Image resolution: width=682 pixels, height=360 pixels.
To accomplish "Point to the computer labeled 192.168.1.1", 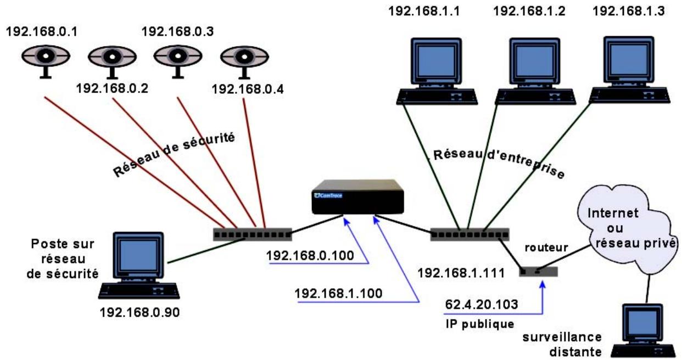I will pyautogui.click(x=437, y=69).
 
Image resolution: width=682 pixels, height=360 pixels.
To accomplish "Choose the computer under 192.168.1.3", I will pyautogui.click(x=629, y=69).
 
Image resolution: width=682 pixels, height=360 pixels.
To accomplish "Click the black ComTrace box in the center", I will pyautogui.click(x=356, y=197).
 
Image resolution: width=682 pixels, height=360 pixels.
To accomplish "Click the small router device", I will pyautogui.click(x=538, y=271).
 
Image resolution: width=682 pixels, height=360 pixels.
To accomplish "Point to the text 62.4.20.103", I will pyautogui.click(x=481, y=304).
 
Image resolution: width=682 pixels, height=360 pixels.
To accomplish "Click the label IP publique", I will pyautogui.click(x=475, y=323).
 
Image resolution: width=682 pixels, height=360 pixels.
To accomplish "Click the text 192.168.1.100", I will pyautogui.click(x=338, y=292).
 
